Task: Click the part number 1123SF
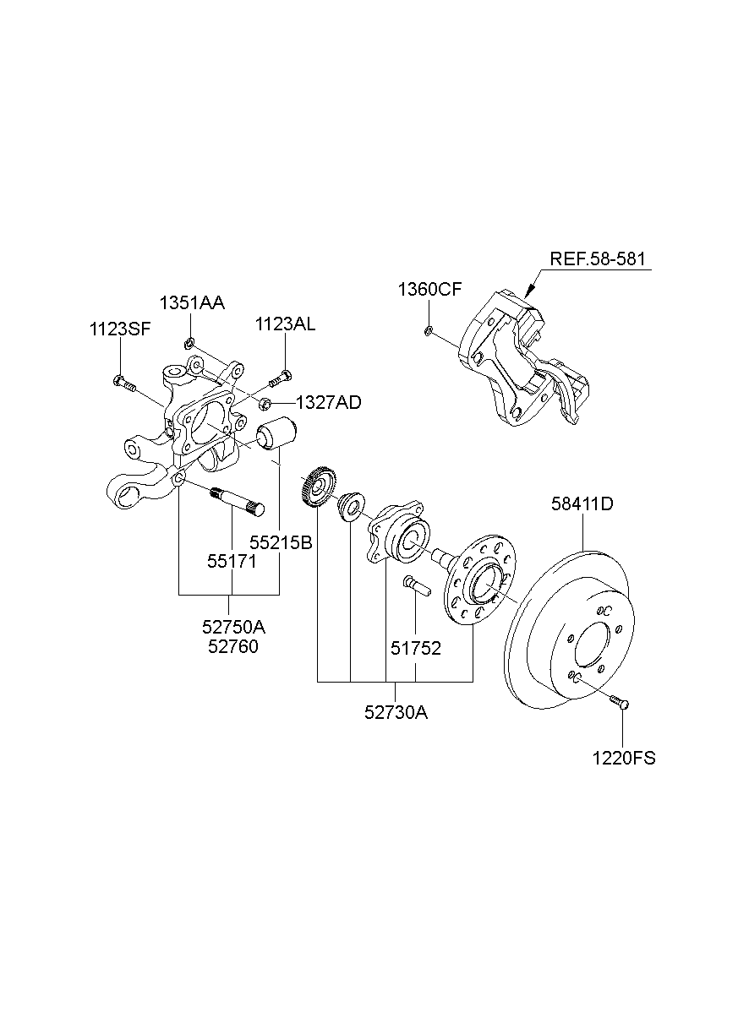(x=120, y=329)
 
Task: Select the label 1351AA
(x=194, y=303)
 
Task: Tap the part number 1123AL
(x=287, y=324)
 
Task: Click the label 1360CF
(x=429, y=290)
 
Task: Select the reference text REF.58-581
(x=600, y=259)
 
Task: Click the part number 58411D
(x=582, y=504)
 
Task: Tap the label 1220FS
(x=624, y=758)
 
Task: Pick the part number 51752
(x=416, y=648)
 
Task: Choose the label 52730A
(x=396, y=712)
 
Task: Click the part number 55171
(x=232, y=561)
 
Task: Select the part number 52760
(x=231, y=647)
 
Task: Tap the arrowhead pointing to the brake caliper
(x=528, y=291)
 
